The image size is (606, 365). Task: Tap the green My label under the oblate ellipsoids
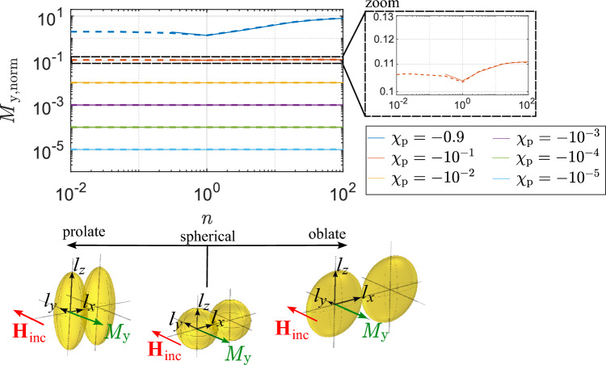pos(374,329)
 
